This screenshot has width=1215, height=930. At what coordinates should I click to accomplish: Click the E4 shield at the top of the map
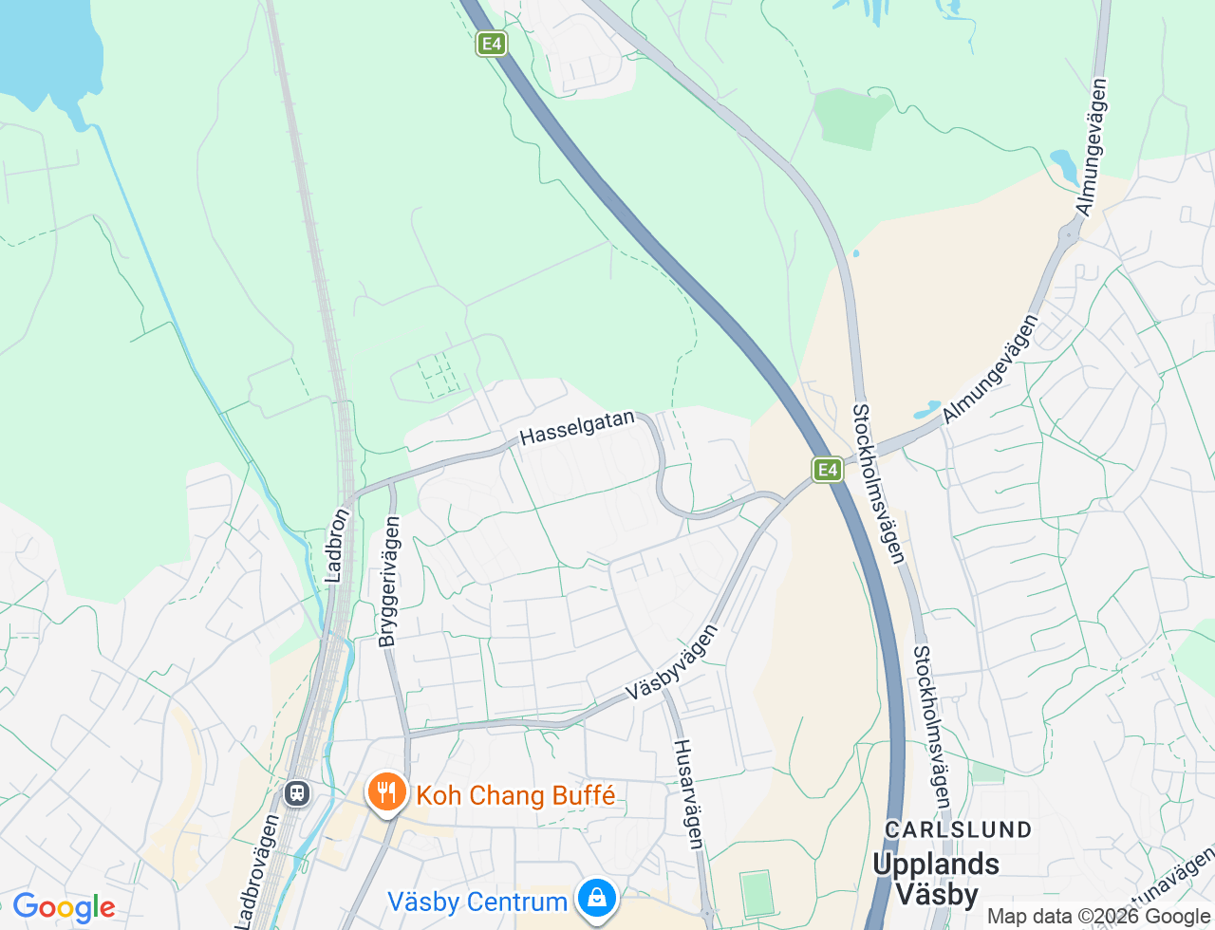coord(491,44)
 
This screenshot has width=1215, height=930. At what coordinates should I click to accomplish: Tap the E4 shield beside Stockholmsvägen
coord(828,469)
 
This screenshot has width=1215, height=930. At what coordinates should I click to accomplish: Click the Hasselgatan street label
coord(577,428)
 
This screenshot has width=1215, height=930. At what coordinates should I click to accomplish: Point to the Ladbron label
coord(337,545)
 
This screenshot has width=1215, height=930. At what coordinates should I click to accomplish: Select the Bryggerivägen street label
coord(390,581)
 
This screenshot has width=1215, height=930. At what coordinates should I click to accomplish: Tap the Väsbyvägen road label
coord(672,662)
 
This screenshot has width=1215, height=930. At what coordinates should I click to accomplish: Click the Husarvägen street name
coord(688,793)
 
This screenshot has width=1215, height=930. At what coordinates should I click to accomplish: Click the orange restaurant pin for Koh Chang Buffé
coord(386,791)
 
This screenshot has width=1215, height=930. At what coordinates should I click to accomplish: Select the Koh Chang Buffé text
coord(515,795)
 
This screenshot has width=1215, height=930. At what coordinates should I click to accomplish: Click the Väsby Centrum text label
coord(477,901)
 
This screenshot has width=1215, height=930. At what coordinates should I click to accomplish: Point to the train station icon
coord(297,792)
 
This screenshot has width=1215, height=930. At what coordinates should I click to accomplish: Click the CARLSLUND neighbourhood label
coord(958,829)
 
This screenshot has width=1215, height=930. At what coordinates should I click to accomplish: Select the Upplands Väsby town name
coord(936,879)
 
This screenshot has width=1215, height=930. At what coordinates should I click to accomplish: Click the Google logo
coord(64,908)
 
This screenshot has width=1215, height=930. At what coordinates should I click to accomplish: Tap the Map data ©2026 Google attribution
coord(1098,917)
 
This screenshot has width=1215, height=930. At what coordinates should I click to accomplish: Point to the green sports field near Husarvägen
coord(757,894)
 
